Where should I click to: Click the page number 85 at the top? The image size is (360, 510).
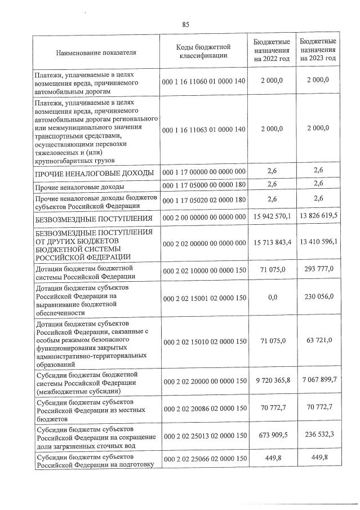tap(185, 24)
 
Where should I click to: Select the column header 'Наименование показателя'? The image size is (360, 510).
tap(96, 52)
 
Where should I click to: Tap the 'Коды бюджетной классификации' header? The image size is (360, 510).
tap(203, 51)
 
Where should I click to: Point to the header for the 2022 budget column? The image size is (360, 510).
tap(272, 50)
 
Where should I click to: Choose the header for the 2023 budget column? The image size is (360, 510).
tap(318, 50)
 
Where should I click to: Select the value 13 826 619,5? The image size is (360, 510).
tap(318, 217)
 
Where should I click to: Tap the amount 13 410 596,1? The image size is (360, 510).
tap(318, 242)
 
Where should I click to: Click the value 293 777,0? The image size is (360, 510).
tap(318, 269)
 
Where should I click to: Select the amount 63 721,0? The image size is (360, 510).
tap(318, 340)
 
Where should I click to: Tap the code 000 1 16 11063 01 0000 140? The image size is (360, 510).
tap(203, 130)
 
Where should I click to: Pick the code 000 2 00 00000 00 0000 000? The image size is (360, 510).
tap(203, 218)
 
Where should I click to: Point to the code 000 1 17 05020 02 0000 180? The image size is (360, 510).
tap(203, 199)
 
